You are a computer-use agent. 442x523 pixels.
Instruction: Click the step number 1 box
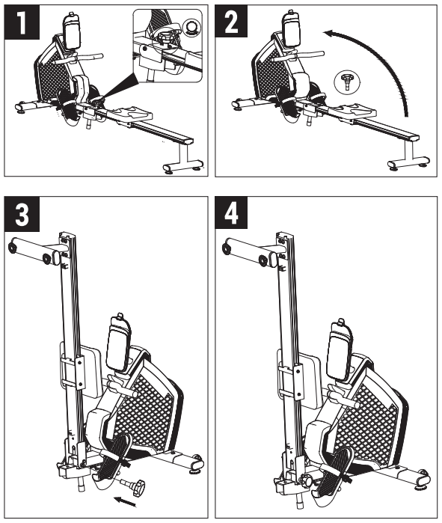[22, 22]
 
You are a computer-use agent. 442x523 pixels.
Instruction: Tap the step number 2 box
[231, 21]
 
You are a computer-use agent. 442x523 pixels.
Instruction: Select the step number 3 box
[22, 214]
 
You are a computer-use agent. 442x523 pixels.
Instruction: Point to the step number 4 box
[231, 212]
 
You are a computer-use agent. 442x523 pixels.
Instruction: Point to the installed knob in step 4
[307, 480]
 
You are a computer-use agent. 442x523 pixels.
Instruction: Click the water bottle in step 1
[71, 31]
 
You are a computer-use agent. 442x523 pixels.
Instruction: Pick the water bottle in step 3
[117, 341]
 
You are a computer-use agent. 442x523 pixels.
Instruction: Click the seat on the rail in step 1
[131, 113]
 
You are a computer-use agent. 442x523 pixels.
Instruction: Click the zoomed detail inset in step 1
[168, 46]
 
